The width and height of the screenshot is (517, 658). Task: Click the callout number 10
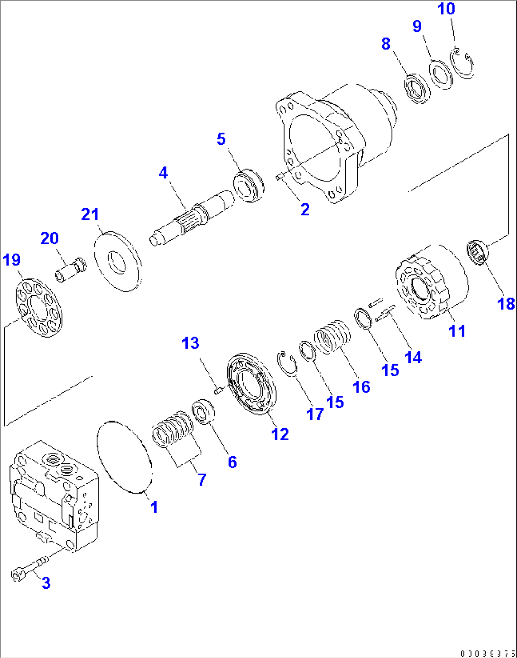tap(446, 9)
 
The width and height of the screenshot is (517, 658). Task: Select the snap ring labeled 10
tap(462, 64)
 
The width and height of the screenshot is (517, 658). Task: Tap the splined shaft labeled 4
tap(192, 216)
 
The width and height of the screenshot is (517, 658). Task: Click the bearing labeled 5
tap(249, 185)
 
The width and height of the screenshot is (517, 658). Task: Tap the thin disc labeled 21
tap(118, 261)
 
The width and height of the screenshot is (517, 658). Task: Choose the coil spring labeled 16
tap(332, 337)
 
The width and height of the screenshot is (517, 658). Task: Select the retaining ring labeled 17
tap(287, 363)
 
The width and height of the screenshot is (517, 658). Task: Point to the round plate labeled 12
tap(252, 384)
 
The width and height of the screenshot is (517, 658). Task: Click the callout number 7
tap(202, 479)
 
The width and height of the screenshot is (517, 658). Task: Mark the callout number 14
tap(413, 357)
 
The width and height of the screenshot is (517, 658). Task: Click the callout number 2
tap(305, 209)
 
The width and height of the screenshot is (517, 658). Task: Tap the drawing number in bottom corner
tap(487, 653)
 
